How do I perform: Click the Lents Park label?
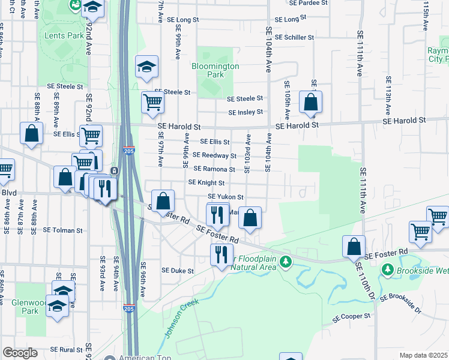[x=64, y=35]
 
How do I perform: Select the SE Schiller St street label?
[x=291, y=37]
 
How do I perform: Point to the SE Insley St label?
[x=246, y=112]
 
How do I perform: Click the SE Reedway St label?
[x=214, y=155]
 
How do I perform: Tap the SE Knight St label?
[x=206, y=182]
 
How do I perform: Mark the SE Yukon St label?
[x=226, y=197]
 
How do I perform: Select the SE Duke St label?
[x=177, y=271]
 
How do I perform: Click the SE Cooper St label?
[x=353, y=316]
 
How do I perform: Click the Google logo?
[x=20, y=352]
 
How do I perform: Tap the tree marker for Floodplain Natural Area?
[x=286, y=262]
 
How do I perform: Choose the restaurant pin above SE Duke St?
[x=221, y=254]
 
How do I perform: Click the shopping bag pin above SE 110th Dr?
[x=354, y=246]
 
